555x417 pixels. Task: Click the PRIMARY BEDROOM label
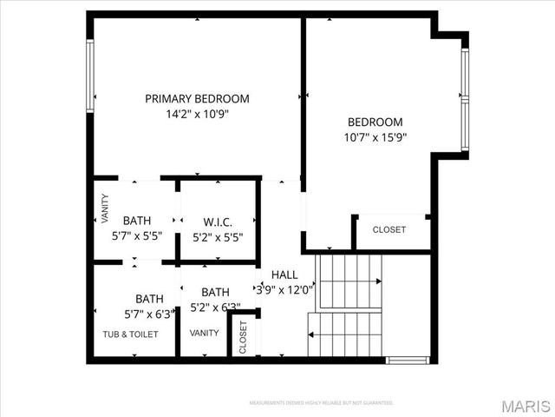[x=197, y=99]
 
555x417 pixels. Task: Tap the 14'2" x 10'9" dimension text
[x=197, y=114]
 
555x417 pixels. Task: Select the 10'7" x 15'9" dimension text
[x=375, y=137]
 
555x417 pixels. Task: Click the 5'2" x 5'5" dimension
[x=217, y=235]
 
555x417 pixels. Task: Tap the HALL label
[x=284, y=275]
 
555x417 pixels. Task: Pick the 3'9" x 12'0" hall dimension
[x=284, y=290]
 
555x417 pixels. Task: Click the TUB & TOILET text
[x=130, y=334]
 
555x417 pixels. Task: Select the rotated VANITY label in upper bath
[x=105, y=210]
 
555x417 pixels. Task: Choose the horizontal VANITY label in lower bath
[x=205, y=333]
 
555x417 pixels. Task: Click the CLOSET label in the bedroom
[x=389, y=230]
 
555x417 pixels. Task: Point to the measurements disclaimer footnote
[x=322, y=403]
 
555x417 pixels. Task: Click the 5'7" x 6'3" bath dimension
[x=148, y=314]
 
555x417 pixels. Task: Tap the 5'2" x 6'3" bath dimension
[x=215, y=307]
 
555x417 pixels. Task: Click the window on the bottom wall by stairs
[x=408, y=360]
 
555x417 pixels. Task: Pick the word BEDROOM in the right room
[x=375, y=122]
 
